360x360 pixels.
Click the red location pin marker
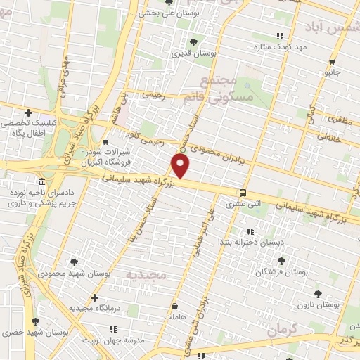coord(181,166)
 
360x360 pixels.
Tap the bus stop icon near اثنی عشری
coord(243,193)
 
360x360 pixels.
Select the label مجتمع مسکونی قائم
coord(226,89)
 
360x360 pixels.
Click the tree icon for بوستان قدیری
coord(193,42)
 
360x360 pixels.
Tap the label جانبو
coord(332,72)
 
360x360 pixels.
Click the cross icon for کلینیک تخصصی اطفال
coord(28,112)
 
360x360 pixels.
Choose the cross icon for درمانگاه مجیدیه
coord(95,297)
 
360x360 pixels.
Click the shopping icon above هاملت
coord(174,306)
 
